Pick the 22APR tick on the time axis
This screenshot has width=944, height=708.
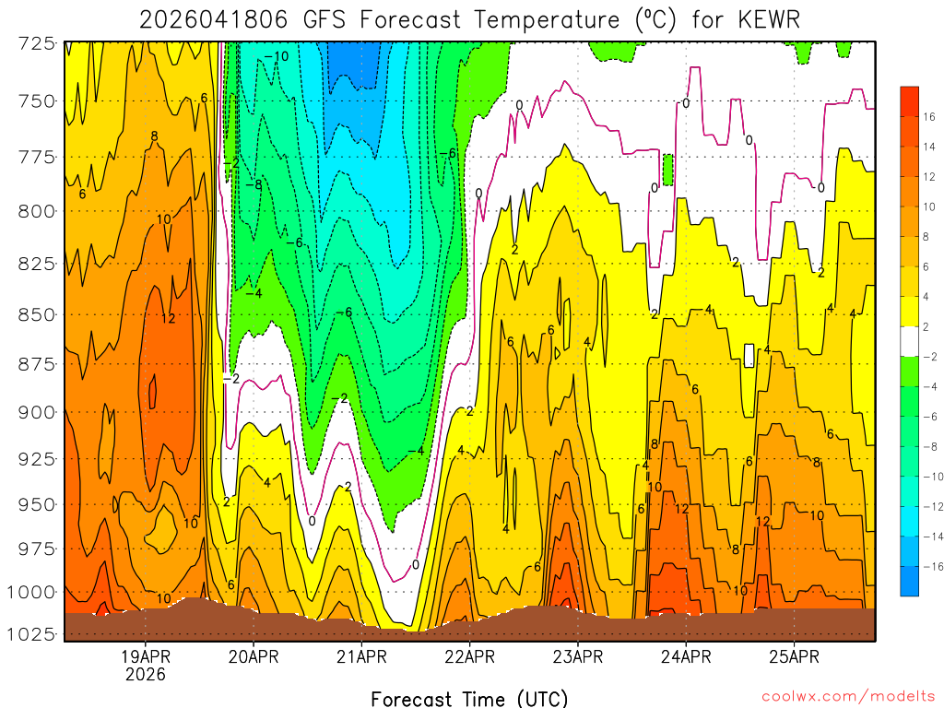coord(469,657)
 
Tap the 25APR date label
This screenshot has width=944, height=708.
coord(793,657)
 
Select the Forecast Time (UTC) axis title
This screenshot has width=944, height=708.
coord(469,698)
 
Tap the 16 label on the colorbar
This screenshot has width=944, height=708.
coord(929,116)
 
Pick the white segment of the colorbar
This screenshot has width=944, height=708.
coord(909,341)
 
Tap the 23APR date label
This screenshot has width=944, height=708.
coord(577,657)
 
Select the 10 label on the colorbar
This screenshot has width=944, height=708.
coord(929,206)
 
